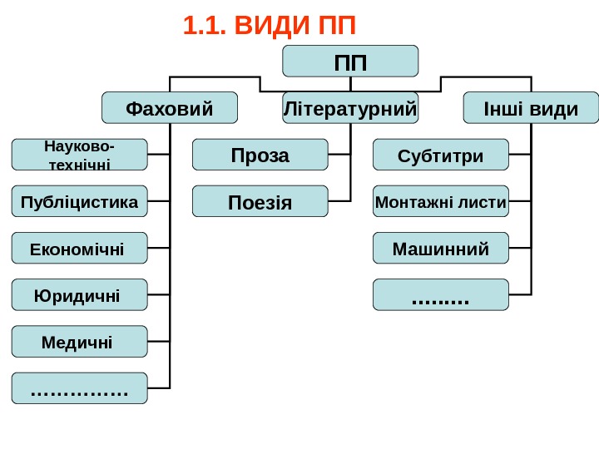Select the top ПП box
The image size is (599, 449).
point(350,62)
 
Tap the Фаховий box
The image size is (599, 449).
point(169,108)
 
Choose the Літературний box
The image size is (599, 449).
point(350,108)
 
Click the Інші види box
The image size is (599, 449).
point(531,108)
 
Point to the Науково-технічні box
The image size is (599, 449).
point(79,155)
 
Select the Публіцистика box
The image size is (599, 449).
point(79,201)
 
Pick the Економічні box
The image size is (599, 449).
point(79,248)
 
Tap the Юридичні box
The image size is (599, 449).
point(79,294)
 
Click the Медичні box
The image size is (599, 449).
point(79,341)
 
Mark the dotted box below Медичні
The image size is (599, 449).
point(79,387)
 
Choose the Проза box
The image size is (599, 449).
point(260,155)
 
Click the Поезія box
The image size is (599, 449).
point(260,201)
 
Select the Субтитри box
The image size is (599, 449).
point(440,155)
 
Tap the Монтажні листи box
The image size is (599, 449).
point(440,201)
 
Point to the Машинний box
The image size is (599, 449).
point(440,248)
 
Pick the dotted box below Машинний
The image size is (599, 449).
point(440,294)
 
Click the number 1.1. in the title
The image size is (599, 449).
point(205,27)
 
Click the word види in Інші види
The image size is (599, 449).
point(553,108)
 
